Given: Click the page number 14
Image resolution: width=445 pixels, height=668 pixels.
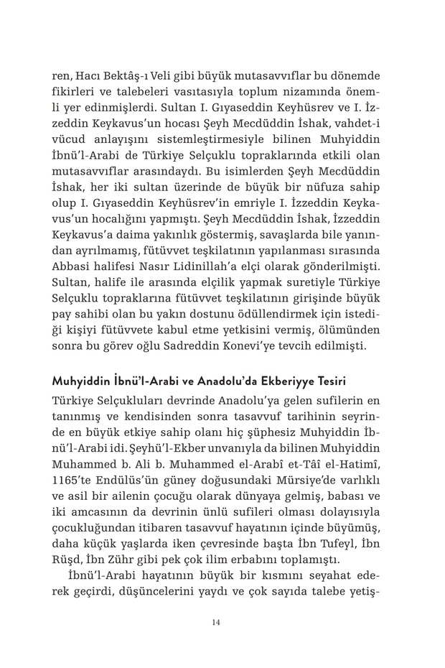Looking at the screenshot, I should tap(216, 622).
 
